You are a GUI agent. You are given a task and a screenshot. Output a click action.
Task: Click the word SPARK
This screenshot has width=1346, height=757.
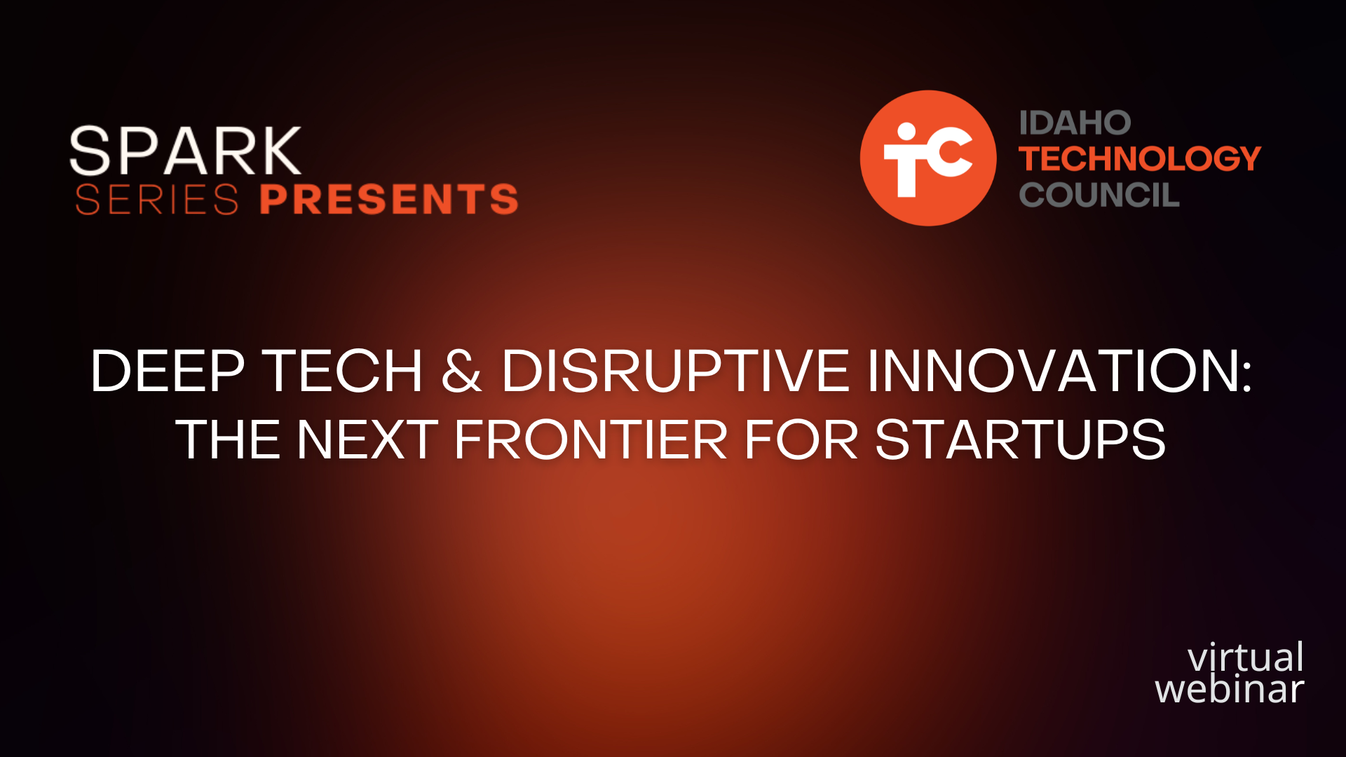(186, 151)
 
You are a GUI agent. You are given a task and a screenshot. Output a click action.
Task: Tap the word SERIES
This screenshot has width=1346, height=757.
(157, 199)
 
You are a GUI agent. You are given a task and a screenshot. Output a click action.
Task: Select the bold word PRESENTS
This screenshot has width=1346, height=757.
(389, 199)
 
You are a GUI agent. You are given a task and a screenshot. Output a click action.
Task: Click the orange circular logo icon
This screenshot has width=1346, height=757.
(928, 158)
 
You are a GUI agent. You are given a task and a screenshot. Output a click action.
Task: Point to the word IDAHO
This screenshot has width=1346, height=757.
(1075, 123)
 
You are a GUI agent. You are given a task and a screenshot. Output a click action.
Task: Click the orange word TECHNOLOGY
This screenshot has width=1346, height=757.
(1140, 159)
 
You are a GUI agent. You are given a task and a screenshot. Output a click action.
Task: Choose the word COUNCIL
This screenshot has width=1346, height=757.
(1099, 195)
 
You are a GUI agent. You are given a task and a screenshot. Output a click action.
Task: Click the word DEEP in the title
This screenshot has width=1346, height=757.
(168, 371)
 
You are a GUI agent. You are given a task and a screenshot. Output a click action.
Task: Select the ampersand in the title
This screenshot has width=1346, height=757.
(462, 371)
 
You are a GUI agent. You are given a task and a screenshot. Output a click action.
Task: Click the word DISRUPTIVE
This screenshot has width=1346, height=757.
(675, 371)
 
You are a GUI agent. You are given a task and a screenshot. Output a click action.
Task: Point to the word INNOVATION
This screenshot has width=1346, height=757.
(1052, 371)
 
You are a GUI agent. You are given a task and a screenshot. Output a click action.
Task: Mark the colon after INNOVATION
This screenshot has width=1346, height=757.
(1246, 376)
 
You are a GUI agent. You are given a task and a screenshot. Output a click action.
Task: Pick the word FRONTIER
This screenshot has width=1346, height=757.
(591, 440)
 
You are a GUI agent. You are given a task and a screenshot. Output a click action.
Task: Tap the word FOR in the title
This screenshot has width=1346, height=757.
(801, 440)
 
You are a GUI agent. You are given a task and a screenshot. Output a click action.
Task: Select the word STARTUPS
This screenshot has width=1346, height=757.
(1021, 440)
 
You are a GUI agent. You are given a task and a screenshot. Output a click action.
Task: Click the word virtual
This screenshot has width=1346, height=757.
(1246, 657)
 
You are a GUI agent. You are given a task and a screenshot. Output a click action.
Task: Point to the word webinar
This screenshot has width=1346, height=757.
(1230, 688)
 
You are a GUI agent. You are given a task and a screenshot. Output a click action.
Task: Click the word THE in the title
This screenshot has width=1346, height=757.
(228, 440)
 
